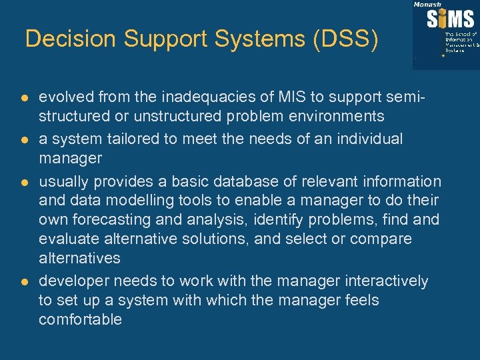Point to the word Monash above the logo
[x=427, y=4]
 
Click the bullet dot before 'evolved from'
[x=24, y=98]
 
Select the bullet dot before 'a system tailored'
[x=24, y=140]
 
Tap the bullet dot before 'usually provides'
[x=24, y=182]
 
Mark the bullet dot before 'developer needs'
[x=24, y=282]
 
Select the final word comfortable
[x=80, y=320]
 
